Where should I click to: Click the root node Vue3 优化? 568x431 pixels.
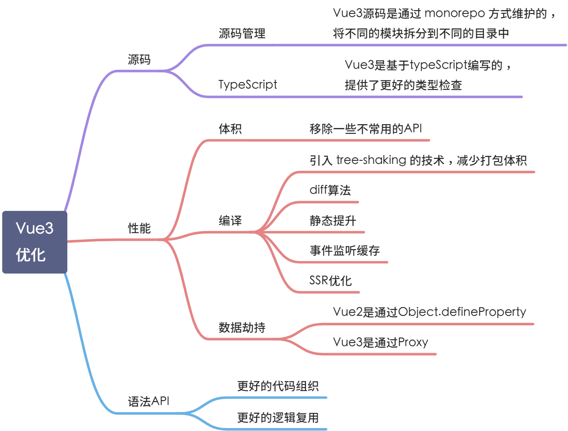tap(35, 242)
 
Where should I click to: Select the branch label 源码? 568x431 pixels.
tap(139, 60)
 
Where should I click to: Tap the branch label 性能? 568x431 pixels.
tap(139, 229)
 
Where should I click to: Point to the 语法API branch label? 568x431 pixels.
tap(149, 401)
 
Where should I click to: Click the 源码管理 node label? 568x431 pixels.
tap(242, 33)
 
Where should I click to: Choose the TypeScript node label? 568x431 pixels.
tap(247, 85)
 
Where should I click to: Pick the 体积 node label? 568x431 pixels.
tap(230, 129)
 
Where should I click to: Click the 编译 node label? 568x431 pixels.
tap(230, 221)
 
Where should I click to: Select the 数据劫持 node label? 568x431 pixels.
tap(242, 327)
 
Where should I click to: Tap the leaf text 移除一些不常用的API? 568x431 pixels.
tap(366, 129)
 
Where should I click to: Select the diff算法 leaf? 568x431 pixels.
tap(330, 190)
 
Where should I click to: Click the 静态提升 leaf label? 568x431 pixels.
tap(333, 221)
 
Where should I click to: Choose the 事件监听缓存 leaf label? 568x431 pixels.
tap(345, 251)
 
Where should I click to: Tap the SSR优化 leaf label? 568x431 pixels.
tap(330, 281)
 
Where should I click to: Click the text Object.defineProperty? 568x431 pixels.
tap(462, 312)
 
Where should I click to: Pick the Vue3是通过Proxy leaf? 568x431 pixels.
tap(380, 342)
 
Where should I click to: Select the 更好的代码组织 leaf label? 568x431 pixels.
tap(278, 386)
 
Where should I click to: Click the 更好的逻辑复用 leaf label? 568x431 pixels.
tap(278, 418)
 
